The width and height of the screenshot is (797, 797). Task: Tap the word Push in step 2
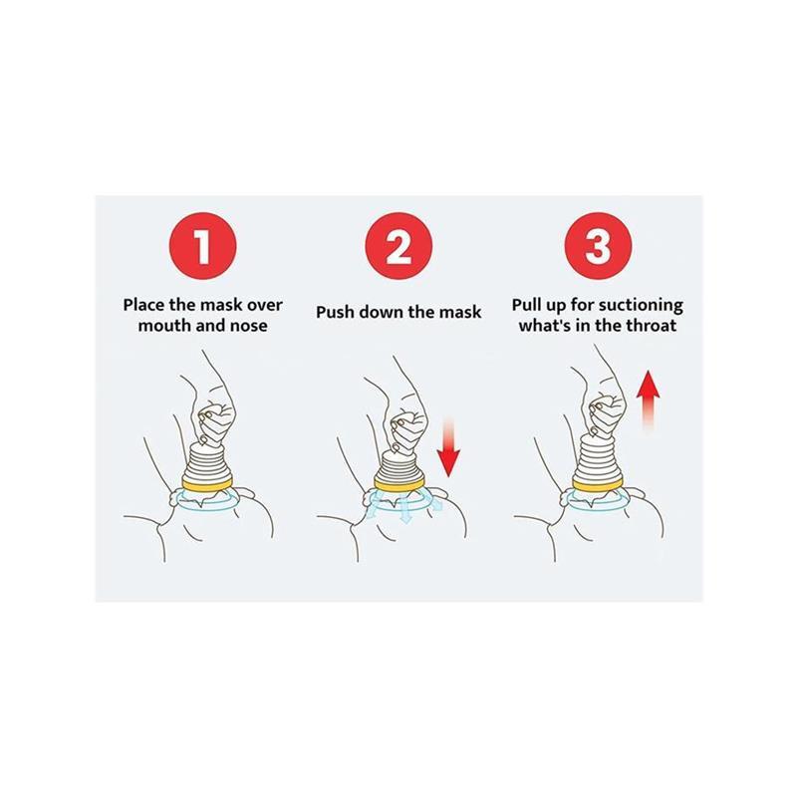click(338, 313)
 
